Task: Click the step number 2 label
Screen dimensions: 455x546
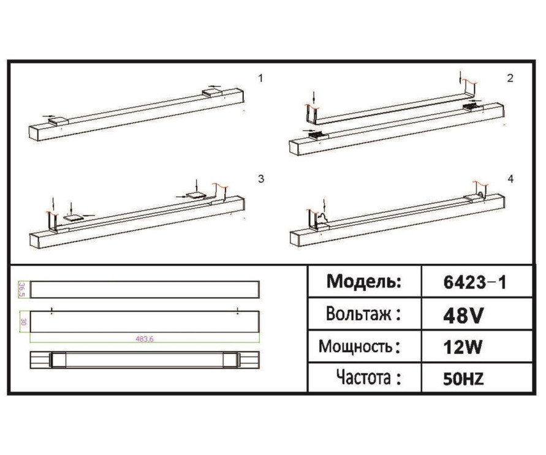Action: point(510,78)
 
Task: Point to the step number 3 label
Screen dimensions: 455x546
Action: point(261,179)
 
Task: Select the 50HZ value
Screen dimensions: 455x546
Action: point(463,379)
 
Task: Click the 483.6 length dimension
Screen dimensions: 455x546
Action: point(145,338)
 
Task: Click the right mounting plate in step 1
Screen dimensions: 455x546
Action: point(213,92)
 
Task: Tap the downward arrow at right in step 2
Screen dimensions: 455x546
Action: point(460,78)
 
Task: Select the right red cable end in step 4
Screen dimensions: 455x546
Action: point(481,185)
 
